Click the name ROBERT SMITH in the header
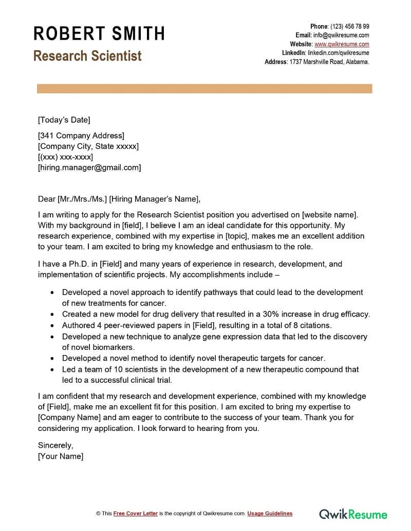tap(99, 34)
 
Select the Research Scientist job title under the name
tap(87, 56)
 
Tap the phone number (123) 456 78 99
tap(349, 26)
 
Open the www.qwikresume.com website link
tap(342, 44)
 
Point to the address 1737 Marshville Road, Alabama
tap(329, 62)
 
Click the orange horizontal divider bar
tap(204, 89)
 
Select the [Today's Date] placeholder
tap(64, 120)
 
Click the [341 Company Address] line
tap(81, 136)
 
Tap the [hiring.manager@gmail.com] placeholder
tap(89, 167)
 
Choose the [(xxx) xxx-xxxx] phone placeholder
tap(65, 157)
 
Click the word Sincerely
tap(55, 445)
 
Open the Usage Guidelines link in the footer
tap(270, 514)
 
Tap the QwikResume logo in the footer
tap(353, 514)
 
